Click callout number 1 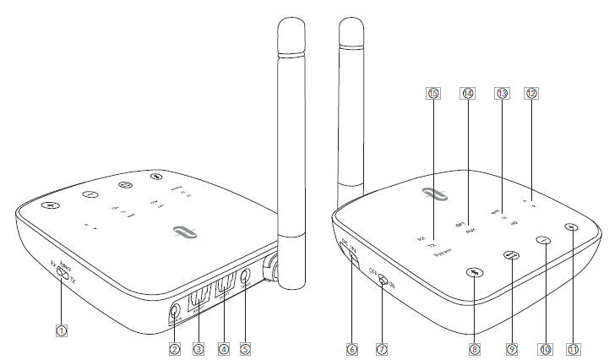pos(62,331)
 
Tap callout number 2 pos(175,347)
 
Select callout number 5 pos(247,347)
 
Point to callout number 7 pos(383,347)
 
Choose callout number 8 pos(476,347)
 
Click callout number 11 pos(573,347)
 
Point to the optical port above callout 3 pos(199,298)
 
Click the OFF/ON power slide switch pos(383,281)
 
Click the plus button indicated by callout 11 pos(572,226)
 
